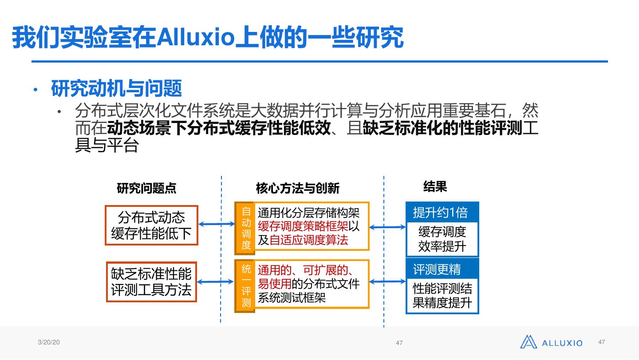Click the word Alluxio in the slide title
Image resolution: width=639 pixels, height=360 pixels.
click(x=195, y=37)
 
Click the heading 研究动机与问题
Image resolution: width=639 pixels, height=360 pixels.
click(x=116, y=88)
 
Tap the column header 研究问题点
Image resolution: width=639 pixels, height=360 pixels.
click(x=146, y=188)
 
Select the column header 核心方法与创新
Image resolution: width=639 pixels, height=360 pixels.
click(x=297, y=188)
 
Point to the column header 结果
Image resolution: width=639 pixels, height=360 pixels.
click(x=435, y=186)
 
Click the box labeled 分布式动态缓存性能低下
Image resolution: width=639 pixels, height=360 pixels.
click(x=151, y=225)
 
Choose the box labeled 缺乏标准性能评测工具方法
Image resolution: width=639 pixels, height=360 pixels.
click(x=151, y=282)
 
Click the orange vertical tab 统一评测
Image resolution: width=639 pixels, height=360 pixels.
click(x=246, y=285)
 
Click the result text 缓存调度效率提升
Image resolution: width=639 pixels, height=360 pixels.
click(x=442, y=239)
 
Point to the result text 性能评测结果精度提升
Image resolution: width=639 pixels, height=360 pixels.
click(x=442, y=296)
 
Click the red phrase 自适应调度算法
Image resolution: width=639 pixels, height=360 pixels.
click(x=309, y=240)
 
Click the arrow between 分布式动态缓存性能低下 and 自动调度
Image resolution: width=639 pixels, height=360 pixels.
click(x=216, y=225)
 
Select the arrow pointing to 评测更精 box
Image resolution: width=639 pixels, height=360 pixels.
click(x=387, y=281)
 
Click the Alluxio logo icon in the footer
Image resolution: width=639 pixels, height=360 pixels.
click(x=529, y=342)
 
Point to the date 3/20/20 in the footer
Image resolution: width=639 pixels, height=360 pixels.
click(x=49, y=342)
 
